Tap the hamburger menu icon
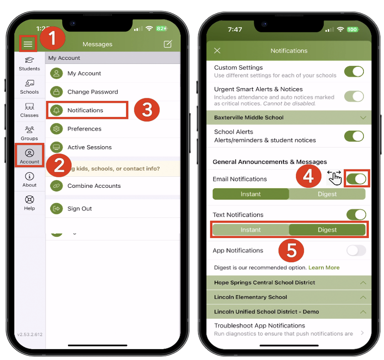pyautogui.click(x=28, y=44)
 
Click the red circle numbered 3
pyautogui.click(x=146, y=110)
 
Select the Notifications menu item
pyautogui.click(x=85, y=110)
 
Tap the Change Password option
pyautogui.click(x=92, y=92)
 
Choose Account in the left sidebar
pyautogui.click(x=29, y=156)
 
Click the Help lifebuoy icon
pyautogui.click(x=29, y=200)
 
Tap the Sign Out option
pyautogui.click(x=79, y=208)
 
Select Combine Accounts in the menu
pyautogui.click(x=94, y=186)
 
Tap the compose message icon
pyautogui.click(x=168, y=44)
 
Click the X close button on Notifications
pyautogui.click(x=217, y=51)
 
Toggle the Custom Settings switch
pyautogui.click(x=354, y=71)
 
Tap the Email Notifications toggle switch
pyautogui.click(x=356, y=179)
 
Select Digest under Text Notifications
pyautogui.click(x=327, y=230)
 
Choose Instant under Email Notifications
pyautogui.click(x=251, y=194)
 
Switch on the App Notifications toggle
pyautogui.click(x=356, y=250)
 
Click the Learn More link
pyautogui.click(x=324, y=268)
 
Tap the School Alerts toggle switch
pyautogui.click(x=354, y=136)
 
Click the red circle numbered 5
pyautogui.click(x=291, y=250)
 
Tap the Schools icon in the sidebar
pyautogui.click(x=29, y=86)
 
